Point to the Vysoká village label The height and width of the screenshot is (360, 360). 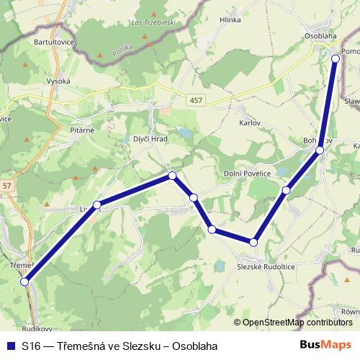(x=58, y=81)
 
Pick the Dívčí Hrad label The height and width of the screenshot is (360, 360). (x=150, y=138)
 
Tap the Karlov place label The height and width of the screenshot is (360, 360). (x=250, y=122)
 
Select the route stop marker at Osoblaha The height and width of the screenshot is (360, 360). (x=336, y=58)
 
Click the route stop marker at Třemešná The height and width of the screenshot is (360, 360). (x=25, y=282)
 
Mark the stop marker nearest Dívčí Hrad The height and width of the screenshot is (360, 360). (x=172, y=176)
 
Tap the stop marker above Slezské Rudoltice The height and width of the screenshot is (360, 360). (x=253, y=242)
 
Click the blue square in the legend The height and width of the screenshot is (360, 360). (x=10, y=346)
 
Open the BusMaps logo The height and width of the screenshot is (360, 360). (x=325, y=345)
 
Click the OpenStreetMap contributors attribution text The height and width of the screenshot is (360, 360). (x=297, y=323)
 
